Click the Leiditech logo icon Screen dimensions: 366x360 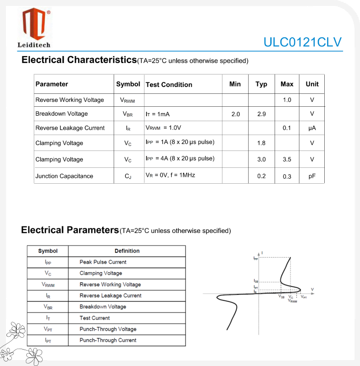point(34,24)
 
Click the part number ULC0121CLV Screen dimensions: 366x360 point(302,42)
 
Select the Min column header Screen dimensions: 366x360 point(235,84)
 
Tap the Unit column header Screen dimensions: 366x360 point(312,84)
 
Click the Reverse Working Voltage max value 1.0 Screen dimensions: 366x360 point(287,100)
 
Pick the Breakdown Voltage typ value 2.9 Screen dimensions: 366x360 point(262,114)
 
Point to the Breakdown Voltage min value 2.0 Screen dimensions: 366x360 point(235,114)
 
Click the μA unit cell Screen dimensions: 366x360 point(312,128)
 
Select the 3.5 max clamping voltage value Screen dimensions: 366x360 point(287,159)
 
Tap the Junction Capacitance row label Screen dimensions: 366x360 point(64,176)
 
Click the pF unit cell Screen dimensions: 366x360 point(312,176)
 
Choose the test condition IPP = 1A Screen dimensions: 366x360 point(180,143)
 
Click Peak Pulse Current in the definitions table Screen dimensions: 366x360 point(103,262)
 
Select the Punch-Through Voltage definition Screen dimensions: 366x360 point(108,329)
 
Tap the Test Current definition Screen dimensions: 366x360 point(94,318)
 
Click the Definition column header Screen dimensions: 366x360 point(127,251)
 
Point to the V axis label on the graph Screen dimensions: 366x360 point(312,289)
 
